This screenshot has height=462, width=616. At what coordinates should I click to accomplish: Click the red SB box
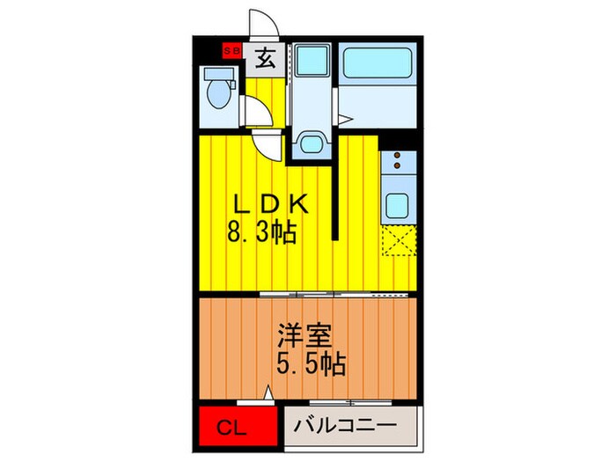click(x=231, y=51)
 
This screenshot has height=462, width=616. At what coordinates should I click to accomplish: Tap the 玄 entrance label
click(x=263, y=60)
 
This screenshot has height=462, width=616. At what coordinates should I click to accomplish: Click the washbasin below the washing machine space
click(x=308, y=143)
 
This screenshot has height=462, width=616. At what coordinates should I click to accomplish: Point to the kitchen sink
click(x=397, y=205)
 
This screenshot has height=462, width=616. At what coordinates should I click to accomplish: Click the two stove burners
click(x=397, y=163)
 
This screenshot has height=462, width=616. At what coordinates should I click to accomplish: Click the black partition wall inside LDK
click(x=335, y=189)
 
